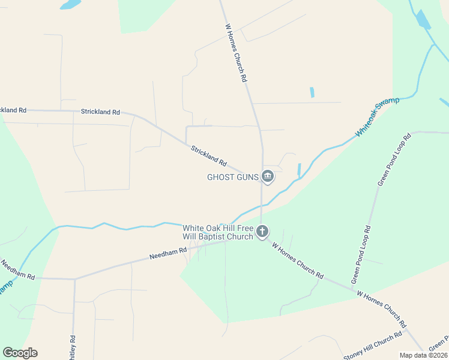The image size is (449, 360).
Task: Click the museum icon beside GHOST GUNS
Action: point(268,176)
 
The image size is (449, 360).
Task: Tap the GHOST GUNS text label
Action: point(233,177)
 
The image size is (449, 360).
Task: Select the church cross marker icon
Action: point(262,231)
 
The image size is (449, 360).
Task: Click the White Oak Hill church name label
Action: point(218,232)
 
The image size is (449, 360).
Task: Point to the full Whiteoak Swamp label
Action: point(377,116)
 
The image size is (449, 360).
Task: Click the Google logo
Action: point(20,353)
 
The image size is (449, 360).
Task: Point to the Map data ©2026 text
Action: point(423,355)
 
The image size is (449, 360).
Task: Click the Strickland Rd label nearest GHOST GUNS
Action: point(209,156)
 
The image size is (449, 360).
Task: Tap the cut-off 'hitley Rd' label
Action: point(73,347)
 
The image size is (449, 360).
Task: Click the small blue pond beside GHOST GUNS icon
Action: point(299,169)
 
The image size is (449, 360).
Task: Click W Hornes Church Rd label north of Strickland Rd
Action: point(236,53)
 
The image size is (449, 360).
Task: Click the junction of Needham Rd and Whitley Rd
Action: point(74,279)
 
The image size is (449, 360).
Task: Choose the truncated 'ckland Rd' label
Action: point(13,110)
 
